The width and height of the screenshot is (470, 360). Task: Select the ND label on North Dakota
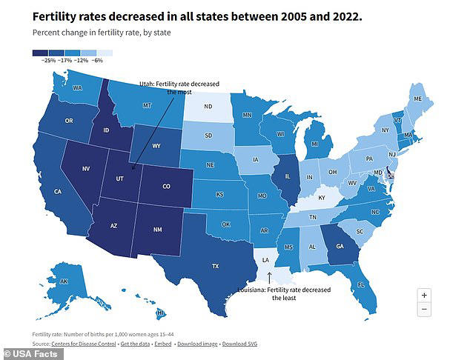(x=208, y=106)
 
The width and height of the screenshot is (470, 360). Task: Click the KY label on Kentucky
(x=321, y=199)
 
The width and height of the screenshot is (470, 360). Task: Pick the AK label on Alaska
(x=64, y=281)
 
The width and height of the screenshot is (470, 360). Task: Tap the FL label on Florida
(x=360, y=284)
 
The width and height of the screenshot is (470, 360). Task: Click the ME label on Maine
(x=418, y=99)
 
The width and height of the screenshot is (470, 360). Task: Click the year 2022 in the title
(x=342, y=14)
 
